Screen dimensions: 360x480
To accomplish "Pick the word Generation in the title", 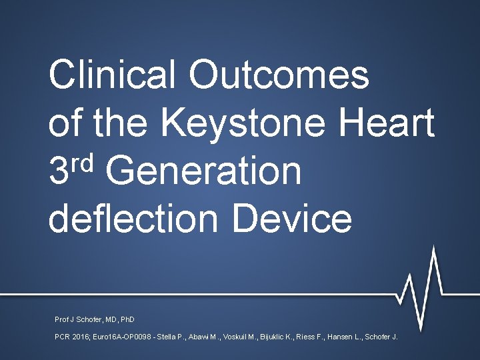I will [203, 171].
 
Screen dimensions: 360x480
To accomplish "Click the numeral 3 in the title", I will [59, 171].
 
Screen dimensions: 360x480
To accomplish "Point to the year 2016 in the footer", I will [82, 337].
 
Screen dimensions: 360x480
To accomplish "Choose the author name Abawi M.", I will [225, 337].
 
